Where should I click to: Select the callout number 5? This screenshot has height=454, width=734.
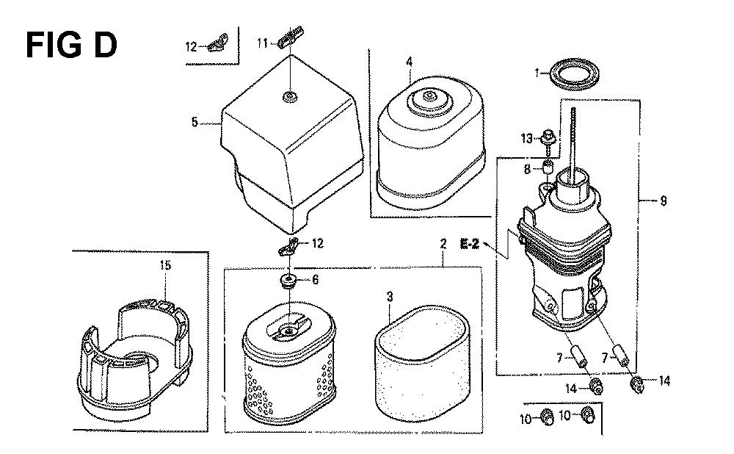pyautogui.click(x=195, y=123)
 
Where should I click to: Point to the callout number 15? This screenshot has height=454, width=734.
pyautogui.click(x=165, y=266)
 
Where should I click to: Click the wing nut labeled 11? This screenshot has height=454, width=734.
pyautogui.click(x=291, y=37)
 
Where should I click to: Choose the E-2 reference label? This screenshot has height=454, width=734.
pyautogui.click(x=469, y=244)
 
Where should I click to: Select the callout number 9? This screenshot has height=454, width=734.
pyautogui.click(x=663, y=201)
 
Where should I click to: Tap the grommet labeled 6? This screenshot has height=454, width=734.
pyautogui.click(x=288, y=281)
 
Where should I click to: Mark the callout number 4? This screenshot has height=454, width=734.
pyautogui.click(x=409, y=62)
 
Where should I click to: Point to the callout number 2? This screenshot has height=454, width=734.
pyautogui.click(x=443, y=244)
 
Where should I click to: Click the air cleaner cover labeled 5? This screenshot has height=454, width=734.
pyautogui.click(x=291, y=143)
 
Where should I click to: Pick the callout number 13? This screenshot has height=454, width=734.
pyautogui.click(x=526, y=138)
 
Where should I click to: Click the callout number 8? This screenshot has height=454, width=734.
pyautogui.click(x=526, y=169)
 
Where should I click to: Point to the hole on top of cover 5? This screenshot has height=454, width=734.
pyautogui.click(x=290, y=98)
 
